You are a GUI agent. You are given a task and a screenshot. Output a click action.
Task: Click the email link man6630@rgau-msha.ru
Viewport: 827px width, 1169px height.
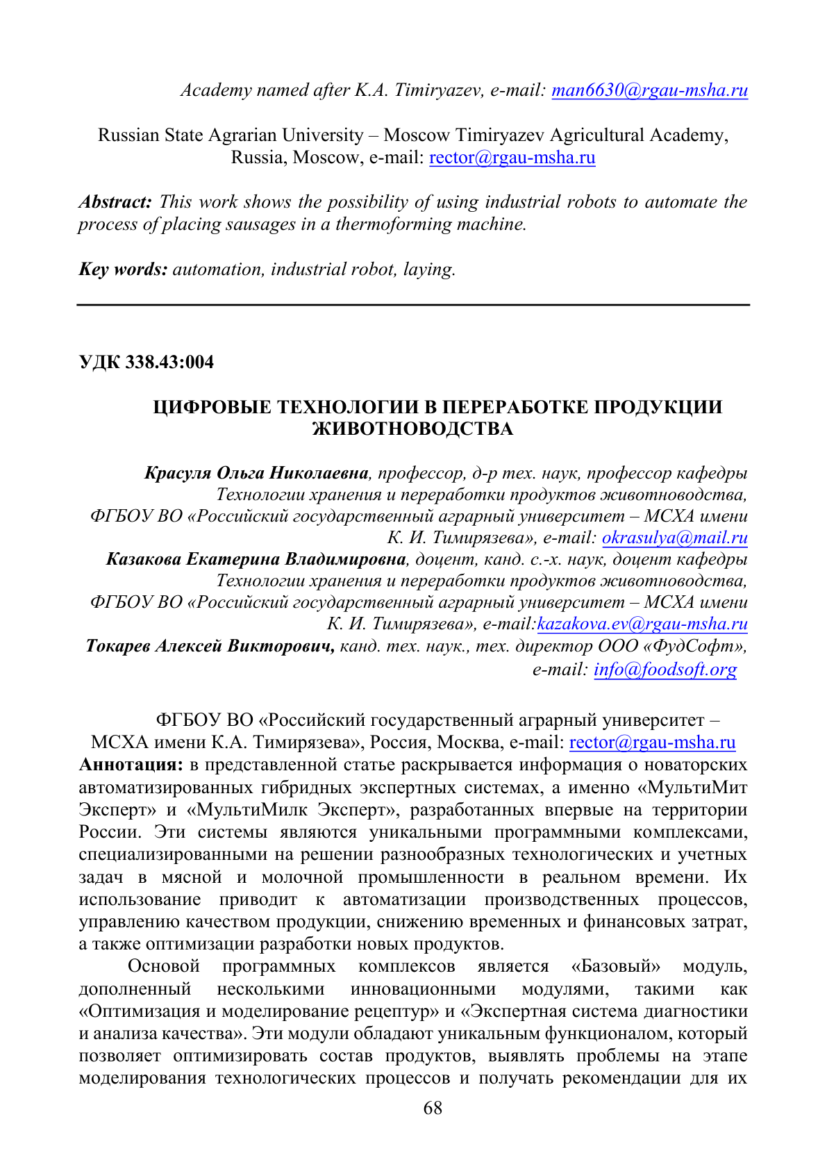click(649, 90)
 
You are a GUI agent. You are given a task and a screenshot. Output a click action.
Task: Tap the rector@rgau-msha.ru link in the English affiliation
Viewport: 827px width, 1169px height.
click(512, 158)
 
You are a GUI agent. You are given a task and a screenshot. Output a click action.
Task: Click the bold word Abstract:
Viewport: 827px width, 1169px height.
click(115, 202)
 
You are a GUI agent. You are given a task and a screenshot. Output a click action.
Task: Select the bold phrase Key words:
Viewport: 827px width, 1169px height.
click(123, 270)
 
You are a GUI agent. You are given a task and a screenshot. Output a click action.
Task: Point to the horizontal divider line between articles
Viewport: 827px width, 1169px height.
click(413, 305)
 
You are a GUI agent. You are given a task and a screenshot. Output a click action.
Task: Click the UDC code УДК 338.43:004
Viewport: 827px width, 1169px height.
click(147, 363)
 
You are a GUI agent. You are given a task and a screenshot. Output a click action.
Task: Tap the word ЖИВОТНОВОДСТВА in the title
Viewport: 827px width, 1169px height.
click(413, 429)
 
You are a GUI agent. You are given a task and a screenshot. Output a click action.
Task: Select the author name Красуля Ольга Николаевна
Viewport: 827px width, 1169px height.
click(256, 474)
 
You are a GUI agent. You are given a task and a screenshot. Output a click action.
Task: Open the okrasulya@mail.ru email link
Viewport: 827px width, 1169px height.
click(674, 538)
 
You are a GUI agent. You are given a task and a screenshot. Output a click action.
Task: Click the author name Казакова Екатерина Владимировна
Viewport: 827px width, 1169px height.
click(256, 560)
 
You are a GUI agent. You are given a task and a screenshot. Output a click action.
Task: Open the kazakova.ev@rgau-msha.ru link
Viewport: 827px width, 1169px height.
click(642, 624)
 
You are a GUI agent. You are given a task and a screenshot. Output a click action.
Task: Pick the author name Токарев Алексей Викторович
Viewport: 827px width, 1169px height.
click(210, 647)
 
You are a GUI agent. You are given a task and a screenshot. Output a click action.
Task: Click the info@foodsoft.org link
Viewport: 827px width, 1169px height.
click(665, 670)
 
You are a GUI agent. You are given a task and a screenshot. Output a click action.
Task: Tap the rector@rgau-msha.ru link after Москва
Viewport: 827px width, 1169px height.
click(652, 743)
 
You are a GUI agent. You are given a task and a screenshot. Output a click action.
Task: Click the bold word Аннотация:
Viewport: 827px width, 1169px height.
click(131, 765)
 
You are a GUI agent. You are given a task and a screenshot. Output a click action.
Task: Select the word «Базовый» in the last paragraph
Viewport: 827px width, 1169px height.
click(615, 967)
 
